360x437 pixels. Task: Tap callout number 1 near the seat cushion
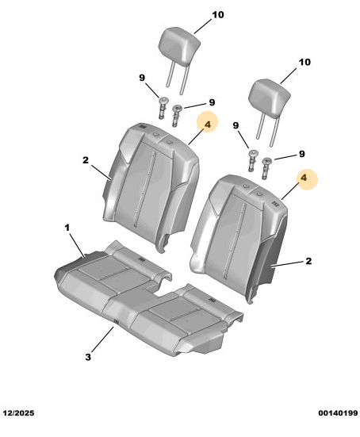click(67, 228)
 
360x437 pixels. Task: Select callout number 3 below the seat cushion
click(88, 357)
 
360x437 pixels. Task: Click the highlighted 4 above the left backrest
click(207, 125)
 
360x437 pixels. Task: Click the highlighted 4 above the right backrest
click(304, 178)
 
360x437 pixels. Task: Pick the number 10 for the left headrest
click(218, 15)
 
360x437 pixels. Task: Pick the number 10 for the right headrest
click(304, 62)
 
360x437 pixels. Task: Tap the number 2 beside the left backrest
click(86, 160)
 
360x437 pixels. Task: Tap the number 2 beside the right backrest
click(308, 261)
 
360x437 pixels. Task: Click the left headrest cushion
click(180, 46)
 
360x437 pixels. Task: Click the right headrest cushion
click(269, 97)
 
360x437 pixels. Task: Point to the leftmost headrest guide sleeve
click(163, 108)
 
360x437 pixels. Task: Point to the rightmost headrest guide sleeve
click(266, 168)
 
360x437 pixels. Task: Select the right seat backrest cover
click(239, 237)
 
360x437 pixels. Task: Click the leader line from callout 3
click(102, 339)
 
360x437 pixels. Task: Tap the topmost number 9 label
click(142, 78)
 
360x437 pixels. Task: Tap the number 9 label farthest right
click(302, 154)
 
